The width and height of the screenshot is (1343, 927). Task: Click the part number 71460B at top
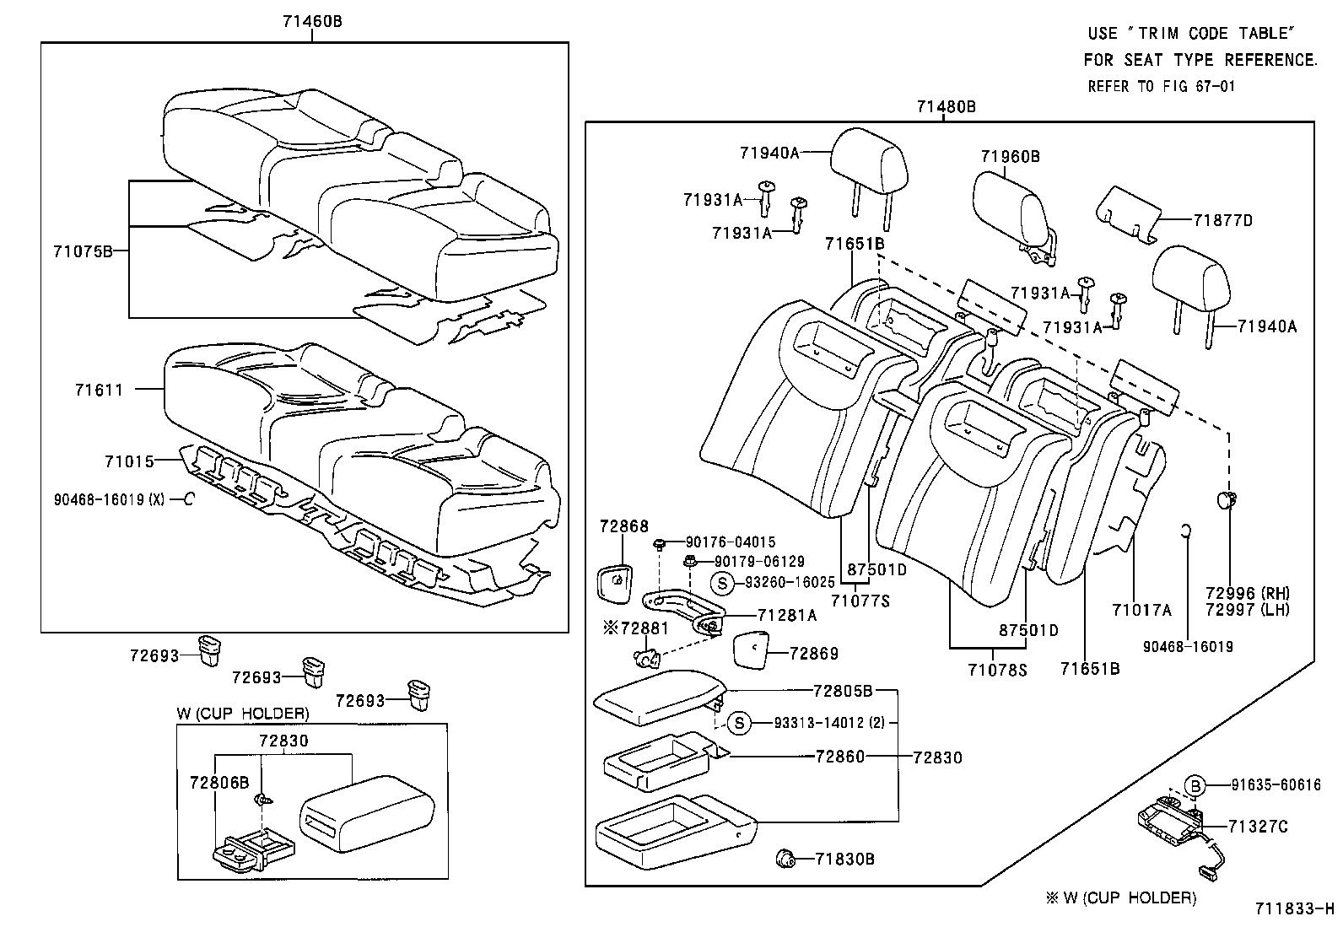tap(312, 22)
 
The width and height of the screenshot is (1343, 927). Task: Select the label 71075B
tap(82, 251)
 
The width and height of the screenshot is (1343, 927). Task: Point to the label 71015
tap(129, 461)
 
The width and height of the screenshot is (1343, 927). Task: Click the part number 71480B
tap(946, 106)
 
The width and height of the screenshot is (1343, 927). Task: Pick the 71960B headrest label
tap(1010, 156)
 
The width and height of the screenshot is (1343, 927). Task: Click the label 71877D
tap(1222, 220)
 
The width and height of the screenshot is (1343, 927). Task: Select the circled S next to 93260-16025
tap(721, 582)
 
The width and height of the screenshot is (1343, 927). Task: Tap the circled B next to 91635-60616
tap(1195, 784)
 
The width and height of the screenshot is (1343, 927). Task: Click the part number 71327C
tap(1258, 827)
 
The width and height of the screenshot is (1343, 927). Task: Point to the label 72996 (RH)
tap(1247, 593)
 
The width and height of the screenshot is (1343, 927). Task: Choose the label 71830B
tap(844, 859)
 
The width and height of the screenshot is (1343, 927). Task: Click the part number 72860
tap(839, 757)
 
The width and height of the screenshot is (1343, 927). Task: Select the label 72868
tap(624, 526)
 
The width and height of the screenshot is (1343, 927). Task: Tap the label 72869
tap(814, 653)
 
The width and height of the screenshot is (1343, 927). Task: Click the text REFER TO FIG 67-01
tap(1161, 86)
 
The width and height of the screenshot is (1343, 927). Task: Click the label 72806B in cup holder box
tap(219, 782)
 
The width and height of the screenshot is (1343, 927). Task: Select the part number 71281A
tap(786, 615)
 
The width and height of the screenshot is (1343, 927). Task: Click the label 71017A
tap(1141, 610)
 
